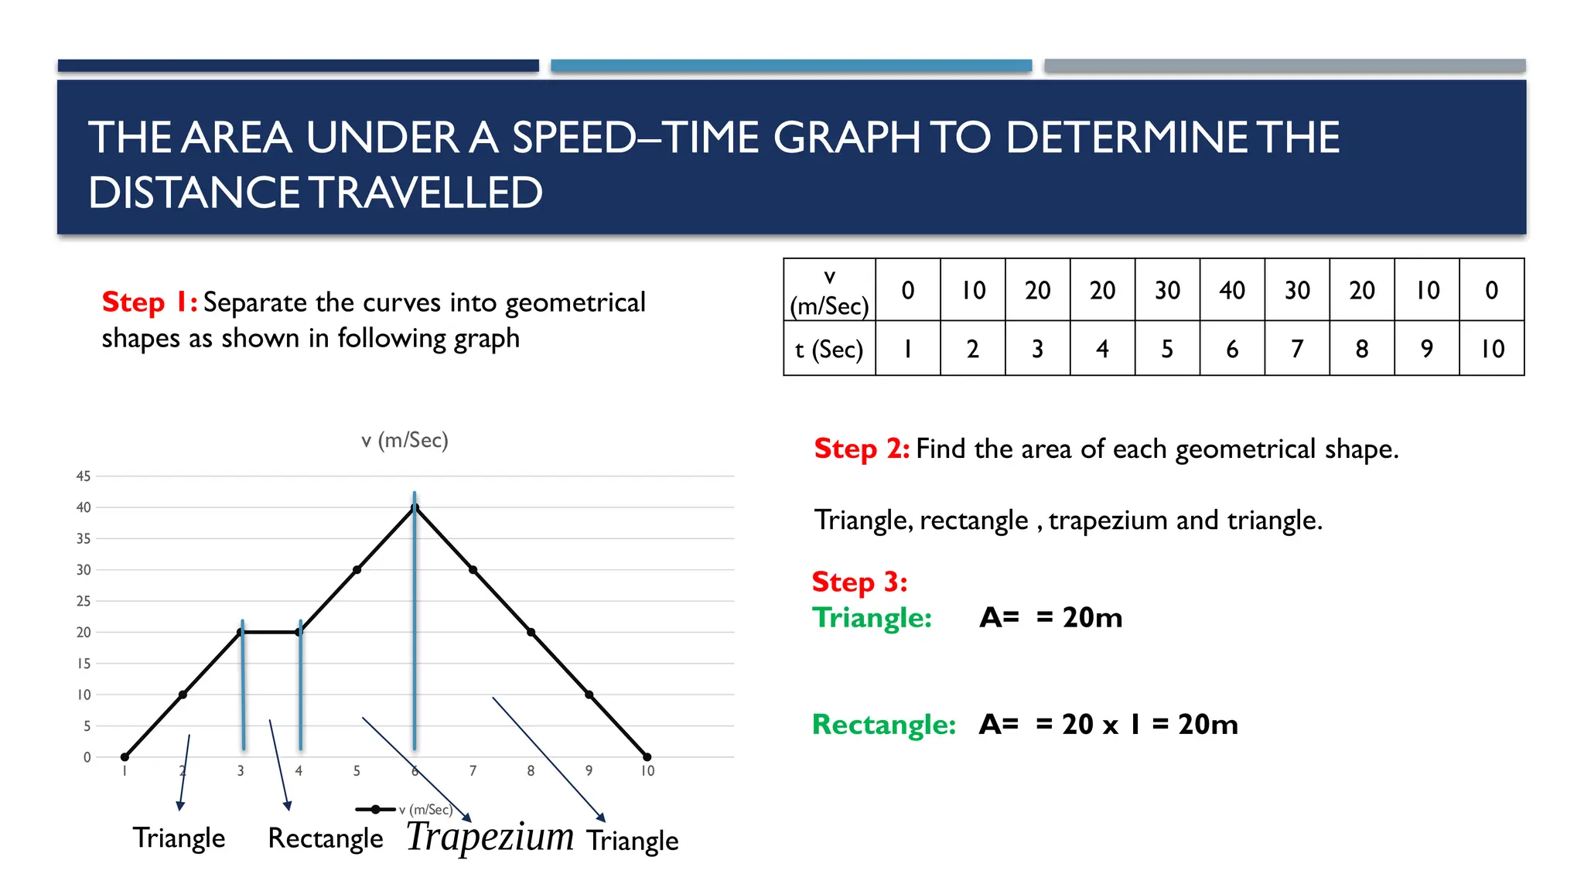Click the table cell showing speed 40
1232,290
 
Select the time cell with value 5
1167,349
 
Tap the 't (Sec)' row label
829,349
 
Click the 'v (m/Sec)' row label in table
829,292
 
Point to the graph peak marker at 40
415,507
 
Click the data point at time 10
647,756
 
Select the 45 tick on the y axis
84,476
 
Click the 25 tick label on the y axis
84,601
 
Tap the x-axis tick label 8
531,771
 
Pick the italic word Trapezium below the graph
490,837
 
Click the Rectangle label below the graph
325,838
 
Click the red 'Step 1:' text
150,302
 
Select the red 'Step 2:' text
862,449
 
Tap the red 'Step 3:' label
859,582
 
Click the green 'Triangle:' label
872,617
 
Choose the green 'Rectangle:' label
884,725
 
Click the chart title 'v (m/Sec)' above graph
405,440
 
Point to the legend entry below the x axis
404,810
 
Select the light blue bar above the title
791,66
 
